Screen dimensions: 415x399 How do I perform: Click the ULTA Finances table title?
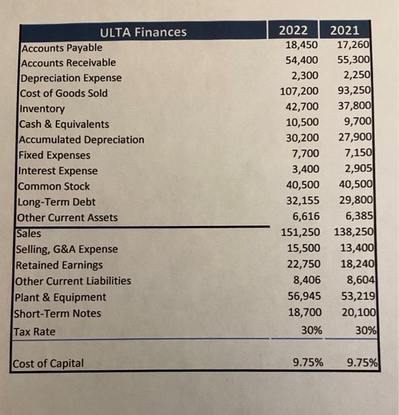[x=143, y=32]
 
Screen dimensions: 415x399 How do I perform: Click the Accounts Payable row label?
[x=62, y=47]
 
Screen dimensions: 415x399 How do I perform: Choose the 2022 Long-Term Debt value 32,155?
[x=302, y=201]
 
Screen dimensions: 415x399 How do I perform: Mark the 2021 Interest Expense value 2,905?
[x=357, y=170]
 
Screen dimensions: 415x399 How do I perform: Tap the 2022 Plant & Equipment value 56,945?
[x=302, y=296]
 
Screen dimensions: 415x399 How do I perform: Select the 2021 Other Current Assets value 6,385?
[x=357, y=217]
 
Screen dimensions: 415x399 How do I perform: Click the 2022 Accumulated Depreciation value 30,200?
[x=302, y=139]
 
